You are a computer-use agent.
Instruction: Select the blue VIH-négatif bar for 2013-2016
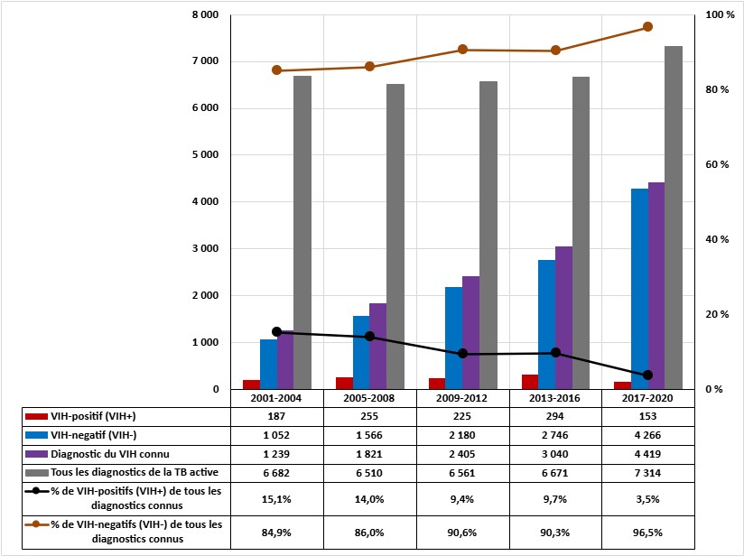point(546,325)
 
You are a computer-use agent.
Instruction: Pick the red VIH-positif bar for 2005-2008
point(344,384)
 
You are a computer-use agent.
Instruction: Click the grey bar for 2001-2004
point(302,233)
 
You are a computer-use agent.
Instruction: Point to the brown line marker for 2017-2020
point(647,27)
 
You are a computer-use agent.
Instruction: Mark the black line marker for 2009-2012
point(462,354)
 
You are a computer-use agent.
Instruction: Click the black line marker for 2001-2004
point(276,332)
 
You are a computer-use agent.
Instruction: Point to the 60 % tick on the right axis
point(714,165)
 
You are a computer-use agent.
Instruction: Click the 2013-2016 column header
point(555,398)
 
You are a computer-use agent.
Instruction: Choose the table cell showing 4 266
point(647,434)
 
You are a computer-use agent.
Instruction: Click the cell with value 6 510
point(369,472)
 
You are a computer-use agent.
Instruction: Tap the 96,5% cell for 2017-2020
point(647,532)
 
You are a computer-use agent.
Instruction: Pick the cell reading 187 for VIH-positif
point(276,416)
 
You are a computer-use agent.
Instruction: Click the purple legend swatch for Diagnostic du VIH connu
point(35,454)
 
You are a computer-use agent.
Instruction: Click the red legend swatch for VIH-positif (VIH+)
point(35,416)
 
